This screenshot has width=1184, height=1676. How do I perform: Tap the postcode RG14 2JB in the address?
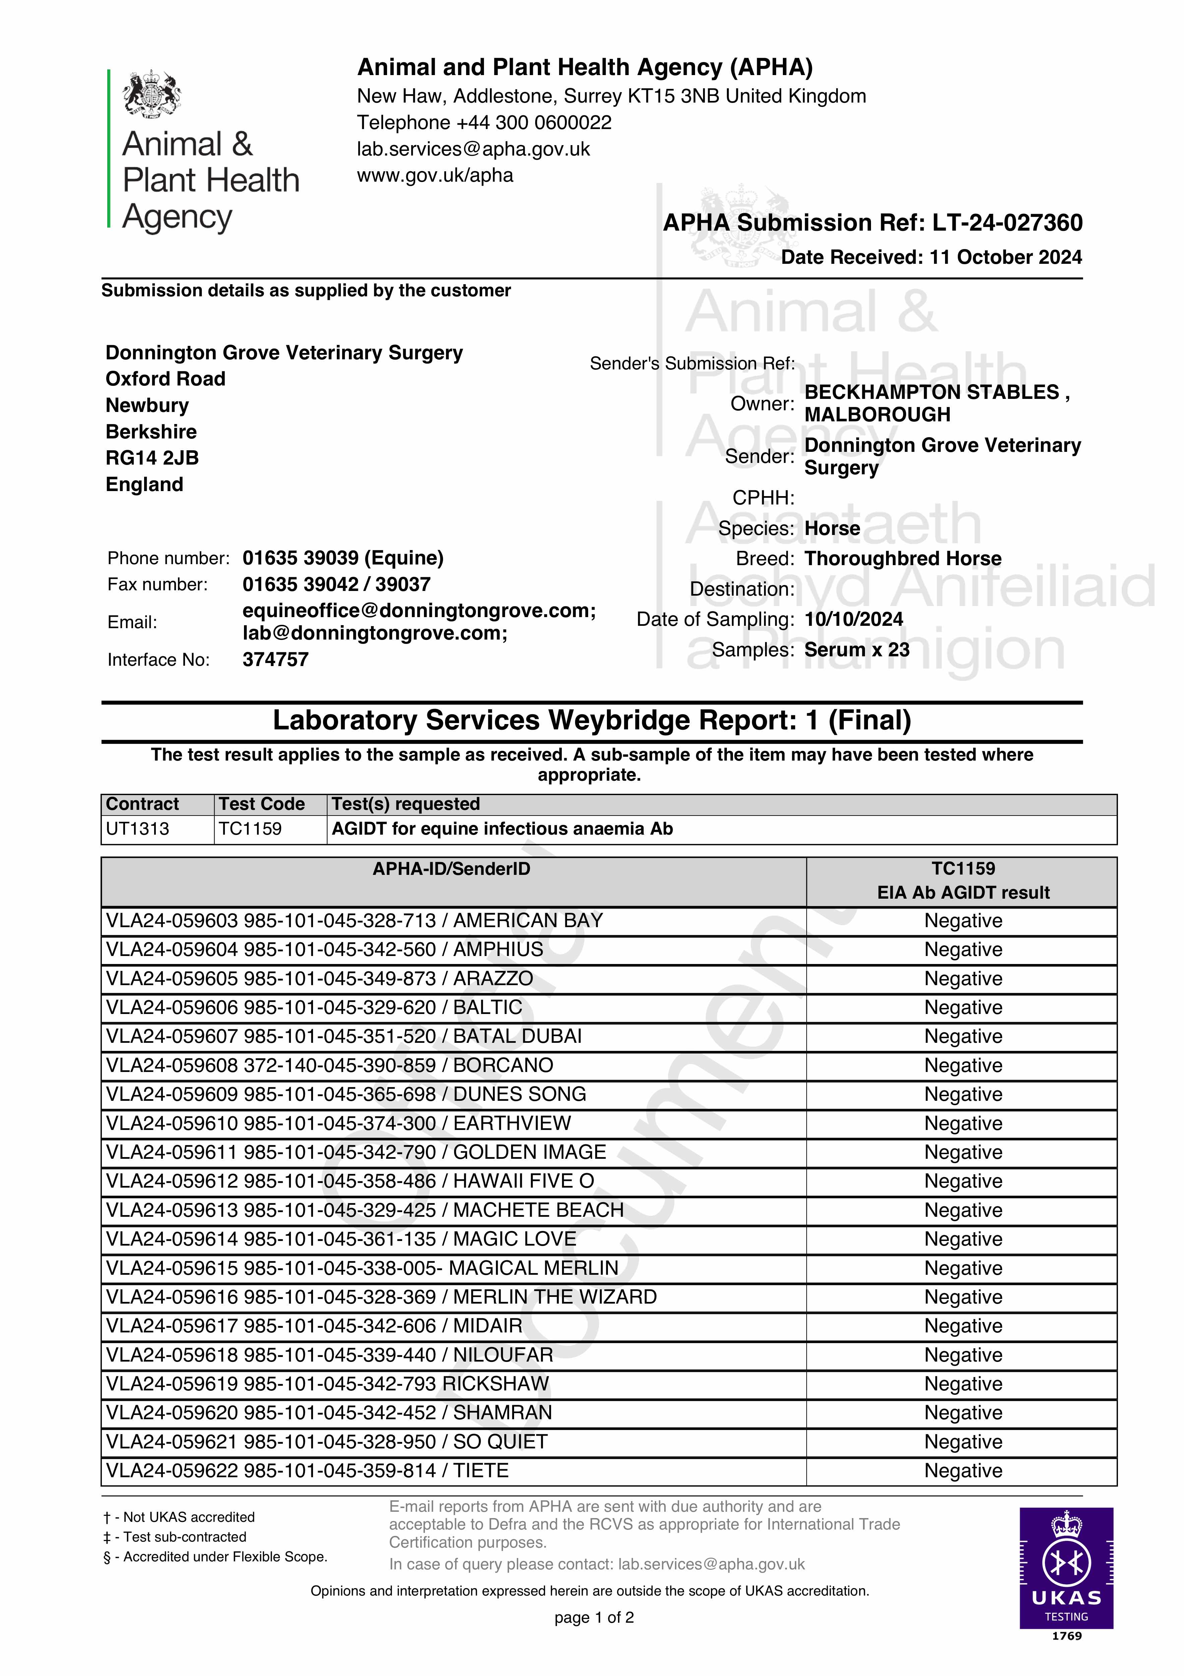152,458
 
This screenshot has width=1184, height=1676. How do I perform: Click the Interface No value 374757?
275,659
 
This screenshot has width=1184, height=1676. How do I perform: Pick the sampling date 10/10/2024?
853,619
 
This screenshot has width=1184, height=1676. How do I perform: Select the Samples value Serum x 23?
856,650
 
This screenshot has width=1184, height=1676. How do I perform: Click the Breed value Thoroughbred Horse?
902,558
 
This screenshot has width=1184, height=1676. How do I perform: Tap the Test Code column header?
261,804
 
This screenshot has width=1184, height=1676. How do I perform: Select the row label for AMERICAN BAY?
354,920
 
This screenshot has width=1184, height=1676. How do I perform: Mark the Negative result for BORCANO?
963,1065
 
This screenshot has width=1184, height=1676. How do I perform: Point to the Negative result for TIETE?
963,1470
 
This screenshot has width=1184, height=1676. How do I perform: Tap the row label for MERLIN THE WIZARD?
381,1297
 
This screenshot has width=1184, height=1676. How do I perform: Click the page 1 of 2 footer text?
594,1617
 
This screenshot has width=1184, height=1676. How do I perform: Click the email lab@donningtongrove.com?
374,633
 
